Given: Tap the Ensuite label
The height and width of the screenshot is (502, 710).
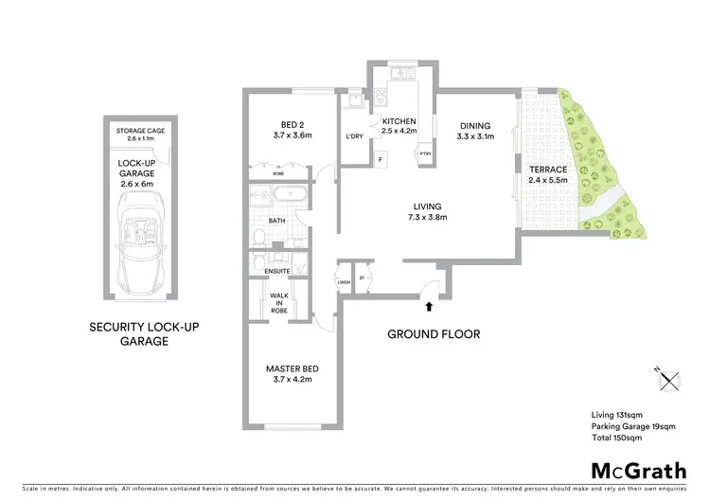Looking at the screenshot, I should (x=277, y=271).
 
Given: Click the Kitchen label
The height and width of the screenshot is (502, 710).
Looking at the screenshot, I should (x=400, y=121).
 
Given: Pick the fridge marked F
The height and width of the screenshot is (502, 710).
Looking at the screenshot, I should (x=380, y=158).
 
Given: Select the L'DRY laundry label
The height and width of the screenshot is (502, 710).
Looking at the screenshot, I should (x=355, y=136).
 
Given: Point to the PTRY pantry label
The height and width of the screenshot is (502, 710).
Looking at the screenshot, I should (x=425, y=154).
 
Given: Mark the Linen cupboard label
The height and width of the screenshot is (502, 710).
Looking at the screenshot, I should (x=343, y=282).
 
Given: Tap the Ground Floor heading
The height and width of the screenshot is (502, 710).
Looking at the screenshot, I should (x=435, y=333).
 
